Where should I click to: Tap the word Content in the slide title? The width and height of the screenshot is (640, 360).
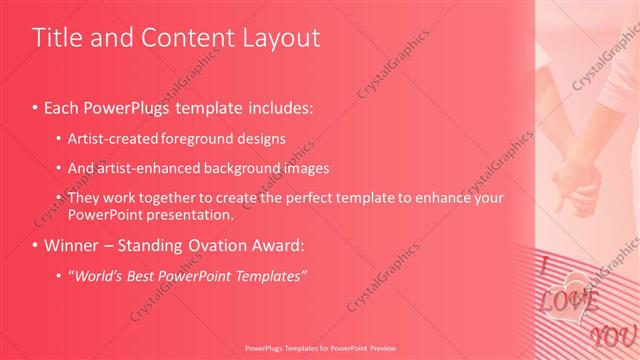(188, 38)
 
